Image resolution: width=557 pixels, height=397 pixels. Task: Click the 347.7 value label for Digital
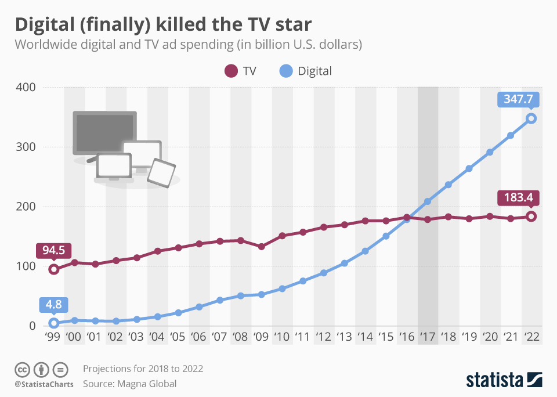pos(518,99)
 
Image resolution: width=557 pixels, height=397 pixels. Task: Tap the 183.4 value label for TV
pos(518,198)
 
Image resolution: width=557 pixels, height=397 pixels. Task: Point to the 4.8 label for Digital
pos(54,304)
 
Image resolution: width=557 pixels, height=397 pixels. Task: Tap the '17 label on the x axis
pos(428,337)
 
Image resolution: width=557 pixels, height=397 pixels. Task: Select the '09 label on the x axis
pos(261,337)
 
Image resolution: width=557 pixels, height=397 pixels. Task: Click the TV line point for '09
pos(262,247)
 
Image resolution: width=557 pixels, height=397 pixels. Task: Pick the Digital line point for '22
pos(531,118)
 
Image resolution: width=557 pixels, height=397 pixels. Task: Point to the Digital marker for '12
pos(324,273)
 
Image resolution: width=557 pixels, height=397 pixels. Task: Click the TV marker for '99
pos(54,269)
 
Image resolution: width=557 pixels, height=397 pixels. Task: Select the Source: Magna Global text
pos(129,384)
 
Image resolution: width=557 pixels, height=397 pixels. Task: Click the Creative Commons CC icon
pos(23,369)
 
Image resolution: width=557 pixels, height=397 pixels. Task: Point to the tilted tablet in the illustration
pos(161,173)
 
